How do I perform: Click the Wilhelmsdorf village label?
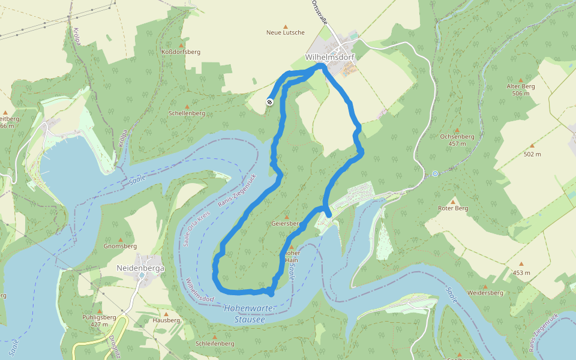click(330, 57)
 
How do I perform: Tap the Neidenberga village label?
click(140, 268)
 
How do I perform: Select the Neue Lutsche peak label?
click(286, 32)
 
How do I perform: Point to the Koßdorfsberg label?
click(181, 52)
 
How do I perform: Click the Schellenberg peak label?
click(187, 113)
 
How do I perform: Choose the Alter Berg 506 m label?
click(520, 89)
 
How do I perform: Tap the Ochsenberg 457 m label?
click(457, 140)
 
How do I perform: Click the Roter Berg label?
click(453, 208)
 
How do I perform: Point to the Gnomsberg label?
click(120, 246)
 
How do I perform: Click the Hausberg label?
click(166, 320)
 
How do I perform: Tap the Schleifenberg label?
click(214, 344)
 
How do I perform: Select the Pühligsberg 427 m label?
click(99, 320)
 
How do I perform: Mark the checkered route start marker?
click(270, 102)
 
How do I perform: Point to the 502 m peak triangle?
click(532, 146)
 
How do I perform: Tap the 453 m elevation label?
click(521, 273)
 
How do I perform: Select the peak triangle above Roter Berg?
click(453, 201)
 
